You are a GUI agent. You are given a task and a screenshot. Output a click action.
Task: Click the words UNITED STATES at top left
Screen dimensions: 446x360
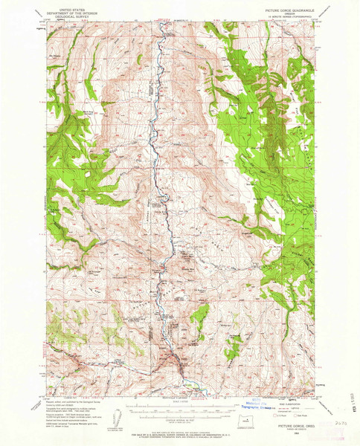[66, 6]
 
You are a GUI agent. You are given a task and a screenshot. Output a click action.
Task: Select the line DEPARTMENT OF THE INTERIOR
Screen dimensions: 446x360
[66, 10]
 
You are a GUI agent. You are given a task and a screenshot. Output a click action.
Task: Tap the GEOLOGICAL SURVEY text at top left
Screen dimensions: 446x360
[66, 13]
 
